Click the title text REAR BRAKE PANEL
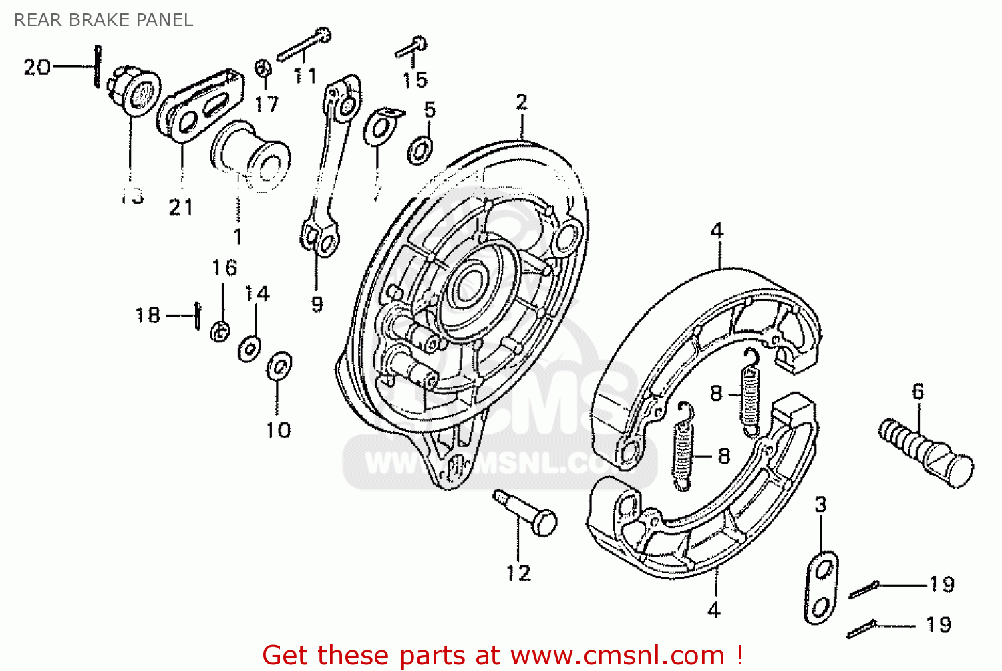tap(104, 20)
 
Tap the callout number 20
tap(37, 67)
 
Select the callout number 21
tap(180, 207)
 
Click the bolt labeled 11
tap(305, 45)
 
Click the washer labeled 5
tap(420, 150)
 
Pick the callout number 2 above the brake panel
tap(521, 102)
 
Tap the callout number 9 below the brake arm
tap(317, 304)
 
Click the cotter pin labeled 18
tap(197, 315)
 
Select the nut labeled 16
tap(220, 330)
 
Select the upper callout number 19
tap(942, 584)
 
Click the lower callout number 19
tap(939, 624)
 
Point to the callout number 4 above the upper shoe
tap(717, 231)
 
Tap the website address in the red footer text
tap(617, 655)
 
